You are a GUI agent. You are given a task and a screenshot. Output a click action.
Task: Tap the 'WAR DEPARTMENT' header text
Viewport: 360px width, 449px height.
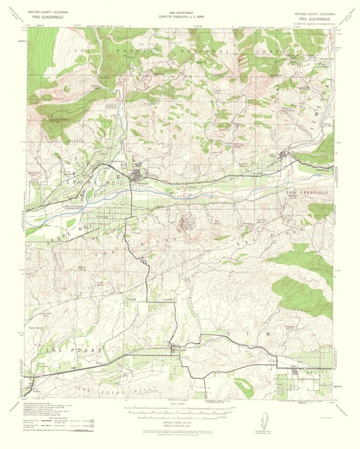tap(179, 13)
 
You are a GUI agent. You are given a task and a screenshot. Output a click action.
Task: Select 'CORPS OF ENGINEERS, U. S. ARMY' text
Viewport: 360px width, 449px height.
tap(179, 18)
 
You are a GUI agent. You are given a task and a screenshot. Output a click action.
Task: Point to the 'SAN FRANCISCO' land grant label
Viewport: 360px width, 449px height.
tap(306, 192)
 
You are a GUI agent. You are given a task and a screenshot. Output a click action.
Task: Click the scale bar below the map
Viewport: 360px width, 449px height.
tap(179, 410)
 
